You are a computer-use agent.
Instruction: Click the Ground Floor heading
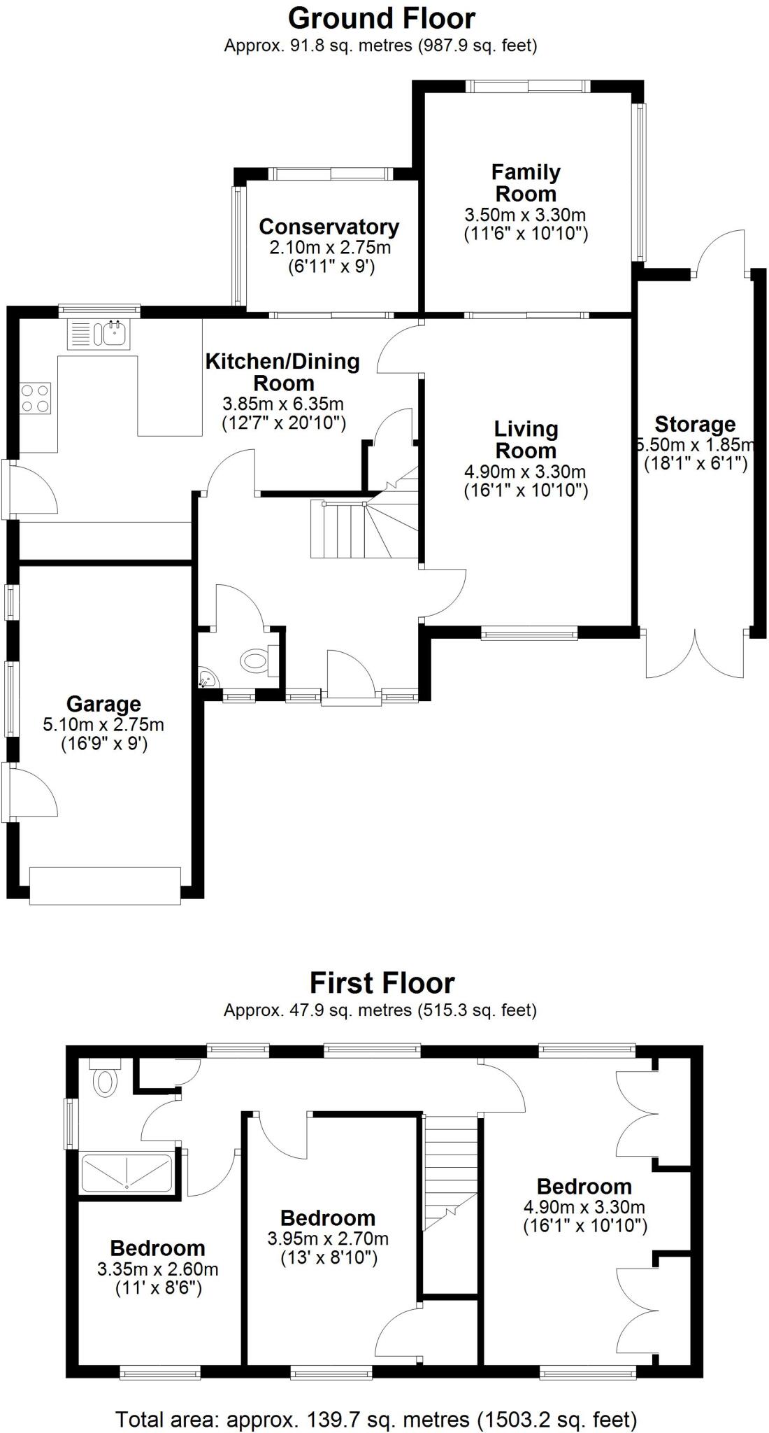point(382,18)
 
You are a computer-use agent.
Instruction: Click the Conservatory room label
point(329,227)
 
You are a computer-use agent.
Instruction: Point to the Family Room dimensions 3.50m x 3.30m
point(525,215)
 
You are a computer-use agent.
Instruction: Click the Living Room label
point(526,439)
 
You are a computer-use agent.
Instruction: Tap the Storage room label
point(695,424)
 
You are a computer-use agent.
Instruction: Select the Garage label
point(103,704)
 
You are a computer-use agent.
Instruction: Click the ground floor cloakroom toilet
point(257,660)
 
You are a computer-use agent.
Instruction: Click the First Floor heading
point(382,983)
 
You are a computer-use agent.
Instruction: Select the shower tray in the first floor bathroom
point(127,1172)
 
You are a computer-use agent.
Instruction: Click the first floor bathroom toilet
point(106,1080)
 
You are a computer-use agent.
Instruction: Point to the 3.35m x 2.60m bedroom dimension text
point(157,1269)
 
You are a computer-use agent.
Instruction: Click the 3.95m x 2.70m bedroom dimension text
point(328,1239)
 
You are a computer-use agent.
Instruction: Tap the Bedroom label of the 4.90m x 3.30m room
point(584,1187)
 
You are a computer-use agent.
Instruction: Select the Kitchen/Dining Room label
point(282,372)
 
